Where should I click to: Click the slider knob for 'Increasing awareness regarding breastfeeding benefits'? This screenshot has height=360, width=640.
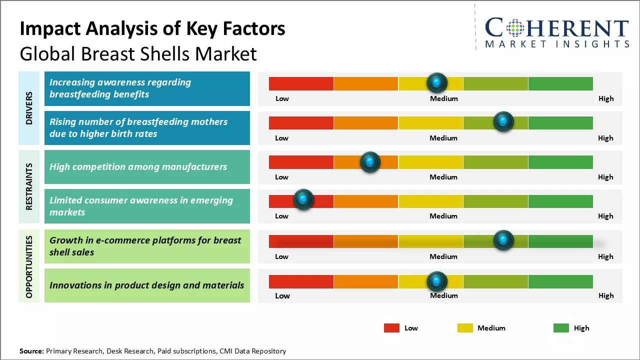[437, 82]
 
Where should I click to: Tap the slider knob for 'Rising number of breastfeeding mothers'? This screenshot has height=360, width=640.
[503, 121]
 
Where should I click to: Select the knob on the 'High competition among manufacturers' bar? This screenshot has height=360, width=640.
[370, 162]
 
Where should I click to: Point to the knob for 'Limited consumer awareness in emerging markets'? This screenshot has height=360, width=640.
[303, 199]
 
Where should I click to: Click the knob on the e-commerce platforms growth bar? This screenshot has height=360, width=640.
[503, 240]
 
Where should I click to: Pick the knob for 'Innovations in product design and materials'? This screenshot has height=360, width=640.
[437, 282]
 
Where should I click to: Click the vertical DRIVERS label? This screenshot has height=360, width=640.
[29, 107]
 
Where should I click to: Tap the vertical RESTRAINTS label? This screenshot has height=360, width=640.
[29, 186]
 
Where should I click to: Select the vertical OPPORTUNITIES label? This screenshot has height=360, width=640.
[29, 266]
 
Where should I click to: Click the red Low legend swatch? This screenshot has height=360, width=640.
[391, 328]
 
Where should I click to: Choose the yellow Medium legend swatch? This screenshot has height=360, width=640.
[465, 328]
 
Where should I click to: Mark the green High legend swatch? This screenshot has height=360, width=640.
[561, 328]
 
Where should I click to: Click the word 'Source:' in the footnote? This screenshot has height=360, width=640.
[31, 351]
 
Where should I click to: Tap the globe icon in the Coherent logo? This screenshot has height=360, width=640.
[515, 28]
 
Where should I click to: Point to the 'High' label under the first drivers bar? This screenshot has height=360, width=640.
[606, 98]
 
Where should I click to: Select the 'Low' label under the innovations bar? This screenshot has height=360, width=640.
[282, 295]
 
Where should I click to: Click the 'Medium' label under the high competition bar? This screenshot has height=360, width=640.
[443, 177]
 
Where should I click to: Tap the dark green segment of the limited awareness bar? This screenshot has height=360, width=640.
[560, 201]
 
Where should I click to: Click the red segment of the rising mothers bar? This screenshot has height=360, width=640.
[301, 123]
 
